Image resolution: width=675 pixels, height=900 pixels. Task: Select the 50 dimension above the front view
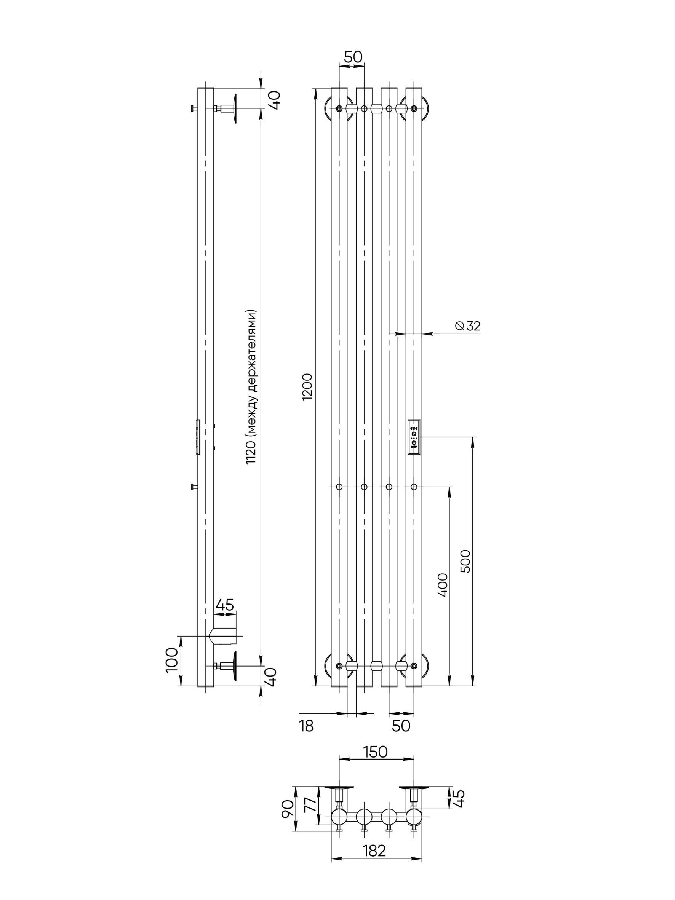point(353,57)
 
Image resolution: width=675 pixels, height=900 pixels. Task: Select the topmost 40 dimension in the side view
point(274,99)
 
